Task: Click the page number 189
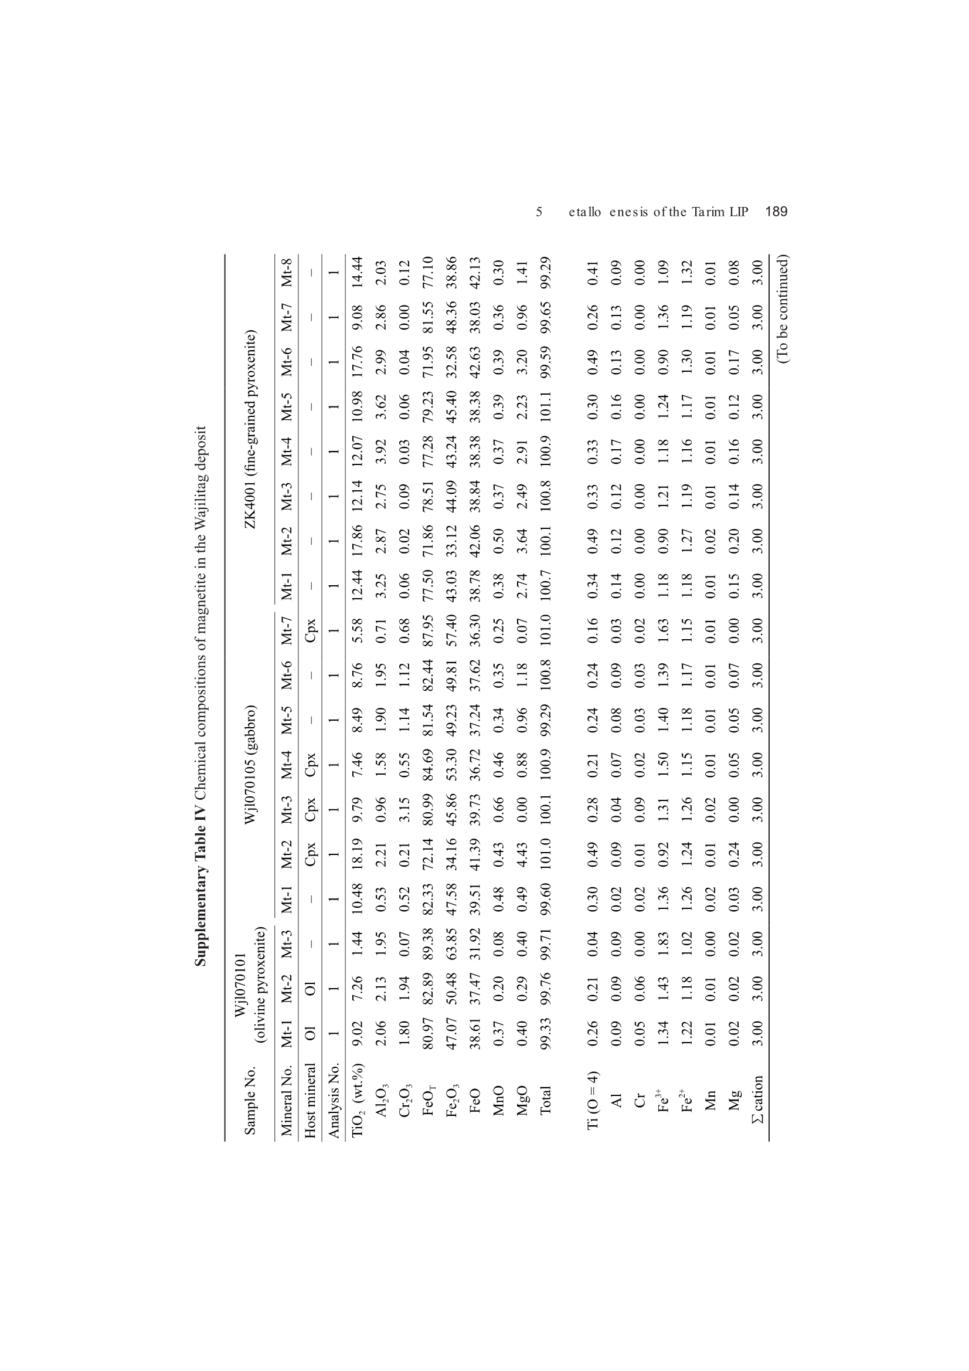[776, 211]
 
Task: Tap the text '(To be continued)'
[783, 308]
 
